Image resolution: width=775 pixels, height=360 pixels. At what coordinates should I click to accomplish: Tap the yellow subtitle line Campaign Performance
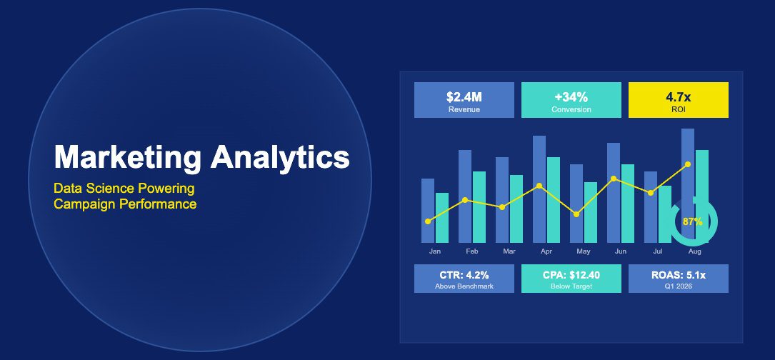[125, 204]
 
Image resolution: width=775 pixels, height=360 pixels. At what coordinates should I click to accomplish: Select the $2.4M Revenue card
[464, 100]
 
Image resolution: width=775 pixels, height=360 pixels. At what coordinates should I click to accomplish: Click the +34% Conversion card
[571, 100]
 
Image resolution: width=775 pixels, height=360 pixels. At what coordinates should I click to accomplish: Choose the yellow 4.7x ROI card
[678, 100]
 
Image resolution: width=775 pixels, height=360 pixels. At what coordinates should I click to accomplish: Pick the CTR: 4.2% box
[464, 279]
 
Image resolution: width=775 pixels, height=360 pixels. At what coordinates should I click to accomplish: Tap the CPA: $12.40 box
[571, 279]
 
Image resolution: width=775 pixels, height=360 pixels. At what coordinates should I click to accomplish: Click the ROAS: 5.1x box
[678, 279]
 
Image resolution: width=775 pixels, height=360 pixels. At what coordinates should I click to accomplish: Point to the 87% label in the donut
[693, 221]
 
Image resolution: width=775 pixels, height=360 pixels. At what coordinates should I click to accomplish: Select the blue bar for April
[539, 189]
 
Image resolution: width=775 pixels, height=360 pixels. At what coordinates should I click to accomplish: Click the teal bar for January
[442, 218]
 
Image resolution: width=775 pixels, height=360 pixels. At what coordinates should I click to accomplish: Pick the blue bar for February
[465, 196]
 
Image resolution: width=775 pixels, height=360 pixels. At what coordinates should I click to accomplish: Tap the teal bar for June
[628, 204]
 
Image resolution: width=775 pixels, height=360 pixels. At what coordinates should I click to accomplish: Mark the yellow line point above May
[576, 214]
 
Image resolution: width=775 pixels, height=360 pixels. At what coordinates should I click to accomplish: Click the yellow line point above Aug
[688, 164]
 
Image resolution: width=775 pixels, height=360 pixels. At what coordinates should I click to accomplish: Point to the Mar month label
[509, 251]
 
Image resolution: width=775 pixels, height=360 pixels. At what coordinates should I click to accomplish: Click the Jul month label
[658, 251]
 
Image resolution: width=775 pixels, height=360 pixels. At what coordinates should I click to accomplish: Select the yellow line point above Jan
[428, 221]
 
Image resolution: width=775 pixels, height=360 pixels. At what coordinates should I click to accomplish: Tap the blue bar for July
[651, 207]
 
